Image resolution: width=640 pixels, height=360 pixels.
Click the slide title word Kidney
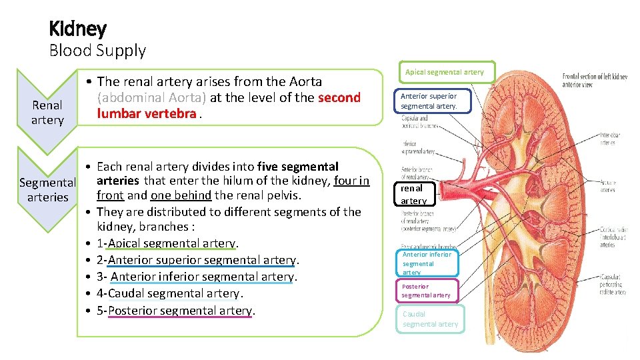coord(77,29)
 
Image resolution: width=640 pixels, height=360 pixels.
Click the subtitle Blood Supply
coord(97,50)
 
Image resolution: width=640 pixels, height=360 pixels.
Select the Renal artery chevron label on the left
coord(47,112)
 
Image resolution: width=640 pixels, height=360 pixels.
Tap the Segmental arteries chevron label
coord(47,189)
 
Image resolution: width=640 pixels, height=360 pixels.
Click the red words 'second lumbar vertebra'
coord(229,105)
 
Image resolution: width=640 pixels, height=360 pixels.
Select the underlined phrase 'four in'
coord(351,180)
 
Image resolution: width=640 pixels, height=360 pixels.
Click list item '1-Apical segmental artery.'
coord(167,243)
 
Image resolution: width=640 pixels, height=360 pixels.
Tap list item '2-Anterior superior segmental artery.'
coord(198,260)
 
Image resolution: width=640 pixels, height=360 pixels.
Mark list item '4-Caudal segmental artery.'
coord(170,293)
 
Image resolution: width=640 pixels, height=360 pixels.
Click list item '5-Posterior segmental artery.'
coord(177,310)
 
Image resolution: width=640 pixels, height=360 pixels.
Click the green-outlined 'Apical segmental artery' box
coord(446,72)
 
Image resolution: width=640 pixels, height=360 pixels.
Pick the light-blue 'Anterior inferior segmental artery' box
coord(427,263)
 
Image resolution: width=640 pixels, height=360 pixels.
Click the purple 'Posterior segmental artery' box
coord(427,291)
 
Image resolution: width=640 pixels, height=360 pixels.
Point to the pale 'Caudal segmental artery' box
coord(430,319)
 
